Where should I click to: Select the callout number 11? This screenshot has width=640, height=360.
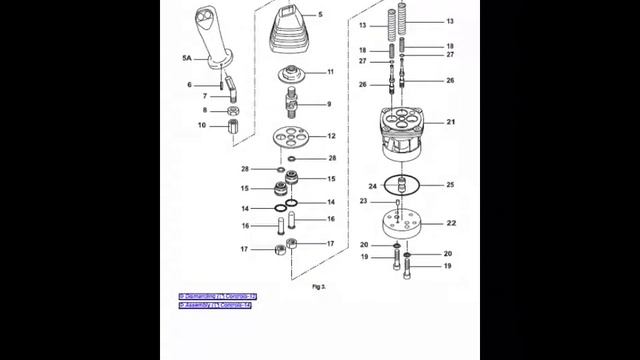point(330,72)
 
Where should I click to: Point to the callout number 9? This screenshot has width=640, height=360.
point(328,104)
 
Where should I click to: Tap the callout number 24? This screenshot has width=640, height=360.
point(372,185)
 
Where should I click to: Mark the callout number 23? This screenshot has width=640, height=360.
point(364,201)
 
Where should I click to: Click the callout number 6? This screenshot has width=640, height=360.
point(189,84)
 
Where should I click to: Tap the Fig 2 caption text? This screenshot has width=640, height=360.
point(319,286)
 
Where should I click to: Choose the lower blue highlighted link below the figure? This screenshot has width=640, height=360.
point(215,306)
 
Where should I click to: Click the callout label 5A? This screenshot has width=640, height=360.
point(186,60)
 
